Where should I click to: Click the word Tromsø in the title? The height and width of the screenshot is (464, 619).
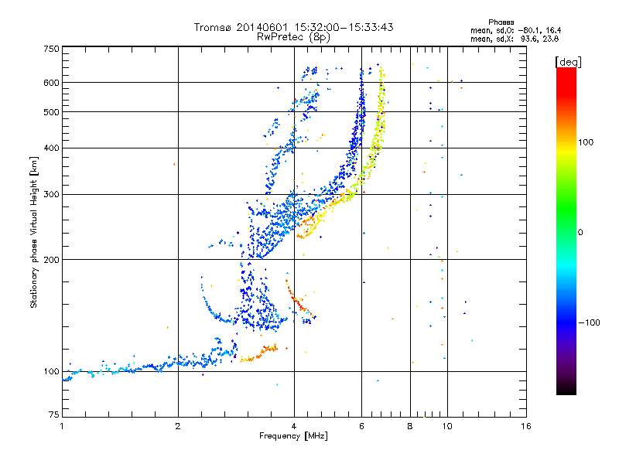coord(213,27)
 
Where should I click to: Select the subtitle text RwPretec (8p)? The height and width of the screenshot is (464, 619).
coord(293,37)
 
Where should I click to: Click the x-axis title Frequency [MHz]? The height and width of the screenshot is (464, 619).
coord(293,436)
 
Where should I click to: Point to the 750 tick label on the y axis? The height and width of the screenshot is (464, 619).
coord(51,49)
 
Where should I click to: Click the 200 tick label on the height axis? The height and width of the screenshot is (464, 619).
coord(51,260)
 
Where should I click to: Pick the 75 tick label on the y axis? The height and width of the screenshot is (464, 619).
coord(54,415)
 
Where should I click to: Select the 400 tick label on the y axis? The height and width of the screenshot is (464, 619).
coord(51,148)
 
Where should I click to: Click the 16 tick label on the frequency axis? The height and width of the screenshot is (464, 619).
coord(526,426)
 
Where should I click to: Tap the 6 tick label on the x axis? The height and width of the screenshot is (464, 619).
coord(361,426)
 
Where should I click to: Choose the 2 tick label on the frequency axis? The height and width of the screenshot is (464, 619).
coord(178,426)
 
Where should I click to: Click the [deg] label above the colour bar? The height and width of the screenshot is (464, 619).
coord(568,62)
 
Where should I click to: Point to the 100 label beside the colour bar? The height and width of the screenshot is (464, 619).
coord(586,142)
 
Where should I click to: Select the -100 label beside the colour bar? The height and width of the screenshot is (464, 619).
coord(590,322)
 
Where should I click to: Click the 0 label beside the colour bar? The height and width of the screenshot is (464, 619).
coord(580,232)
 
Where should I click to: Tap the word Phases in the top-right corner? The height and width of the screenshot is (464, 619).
coord(501,22)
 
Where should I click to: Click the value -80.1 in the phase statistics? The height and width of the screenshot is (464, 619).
coord(528,30)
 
